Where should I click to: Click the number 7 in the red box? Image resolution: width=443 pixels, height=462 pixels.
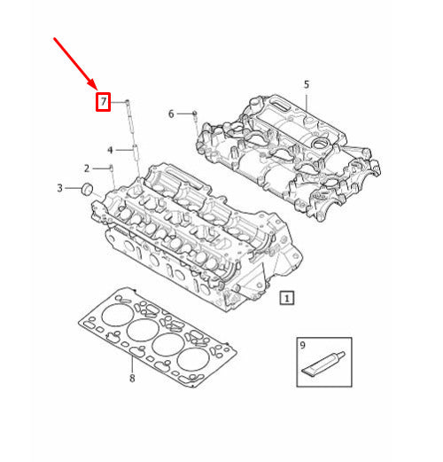[104, 102]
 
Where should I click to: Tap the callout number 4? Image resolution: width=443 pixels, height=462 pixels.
[111, 149]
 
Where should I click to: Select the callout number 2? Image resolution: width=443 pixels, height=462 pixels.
[87, 168]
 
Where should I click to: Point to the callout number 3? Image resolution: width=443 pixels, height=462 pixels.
[59, 187]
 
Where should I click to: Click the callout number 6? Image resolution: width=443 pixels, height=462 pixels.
[171, 114]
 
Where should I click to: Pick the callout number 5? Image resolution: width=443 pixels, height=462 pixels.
[307, 85]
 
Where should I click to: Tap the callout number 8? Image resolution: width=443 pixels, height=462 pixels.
[131, 380]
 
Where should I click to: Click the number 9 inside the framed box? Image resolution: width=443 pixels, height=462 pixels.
[302, 344]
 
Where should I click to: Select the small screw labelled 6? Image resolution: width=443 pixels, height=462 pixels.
[194, 114]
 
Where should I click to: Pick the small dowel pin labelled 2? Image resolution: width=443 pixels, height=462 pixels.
[111, 168]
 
